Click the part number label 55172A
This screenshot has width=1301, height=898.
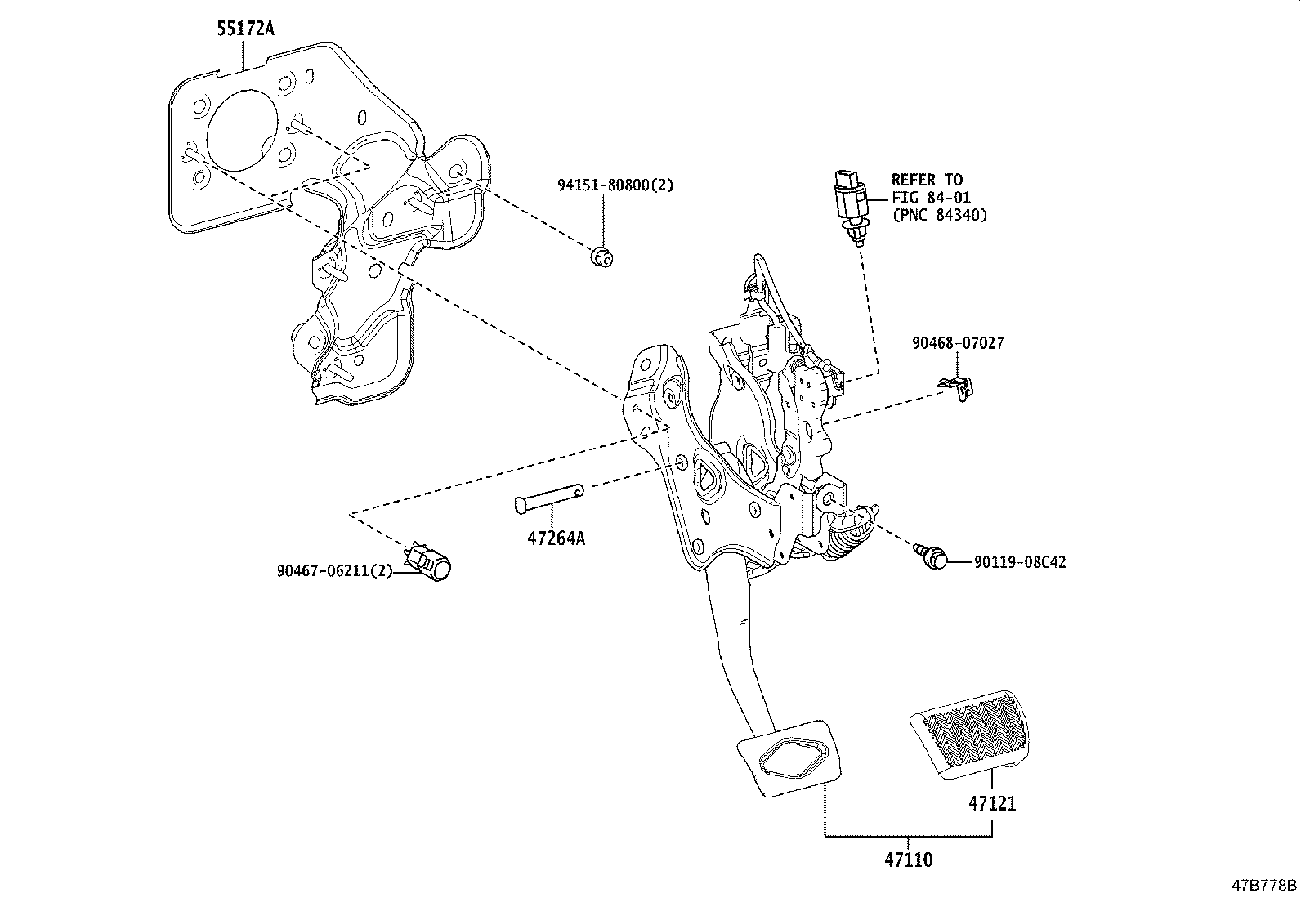click(245, 29)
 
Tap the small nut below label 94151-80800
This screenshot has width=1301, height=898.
click(602, 257)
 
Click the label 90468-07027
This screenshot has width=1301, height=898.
click(958, 343)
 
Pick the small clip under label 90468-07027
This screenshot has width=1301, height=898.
click(959, 387)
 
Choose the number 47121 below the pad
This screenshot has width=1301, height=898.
click(992, 803)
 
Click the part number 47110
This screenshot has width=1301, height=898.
click(907, 859)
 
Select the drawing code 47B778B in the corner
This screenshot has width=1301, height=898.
click(1264, 885)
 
